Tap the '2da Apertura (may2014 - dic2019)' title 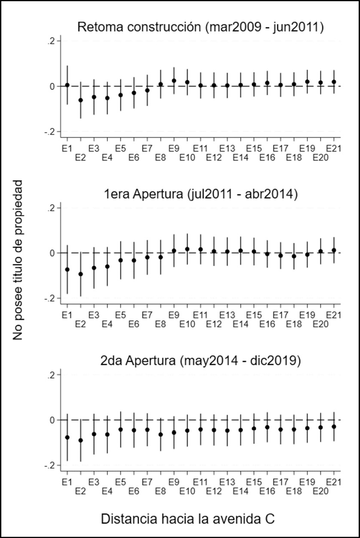tap(200, 361)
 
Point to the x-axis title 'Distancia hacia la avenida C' tap(188, 519)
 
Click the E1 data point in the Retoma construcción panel tap(67, 85)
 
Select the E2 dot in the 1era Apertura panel tap(80, 274)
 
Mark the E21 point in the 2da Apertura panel tap(334, 426)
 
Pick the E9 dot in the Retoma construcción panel tap(174, 81)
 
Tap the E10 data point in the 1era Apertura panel tap(187, 249)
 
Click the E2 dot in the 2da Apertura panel tap(80, 440)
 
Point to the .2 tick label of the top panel tap(51, 41)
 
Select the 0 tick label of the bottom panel tap(53, 420)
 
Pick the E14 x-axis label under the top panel tap(241, 158)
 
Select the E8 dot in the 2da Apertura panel tap(161, 435)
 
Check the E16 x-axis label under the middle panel tap(267, 322)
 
